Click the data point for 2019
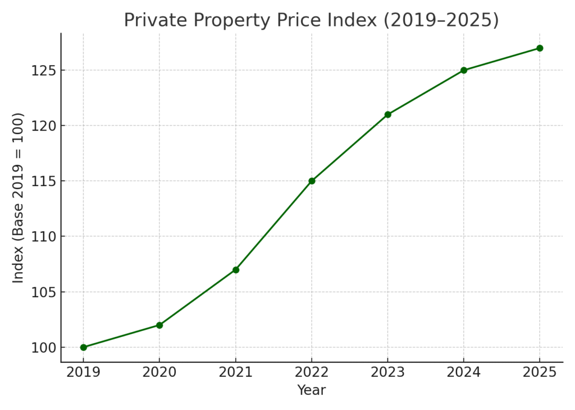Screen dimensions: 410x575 [x=84, y=347]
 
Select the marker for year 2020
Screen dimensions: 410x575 [x=159, y=325]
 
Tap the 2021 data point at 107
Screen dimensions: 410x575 [x=236, y=270]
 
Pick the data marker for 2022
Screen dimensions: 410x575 [x=312, y=181]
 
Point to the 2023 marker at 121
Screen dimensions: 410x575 [x=387, y=114]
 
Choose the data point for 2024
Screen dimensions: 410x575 [x=464, y=70]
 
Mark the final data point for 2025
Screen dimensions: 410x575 [x=540, y=48]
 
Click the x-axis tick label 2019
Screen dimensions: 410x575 [x=84, y=372]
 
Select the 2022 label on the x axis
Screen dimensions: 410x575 [x=312, y=372]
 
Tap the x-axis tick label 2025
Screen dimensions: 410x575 [x=540, y=372]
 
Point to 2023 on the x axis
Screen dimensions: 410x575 [x=387, y=372]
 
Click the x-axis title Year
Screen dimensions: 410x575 [x=312, y=390]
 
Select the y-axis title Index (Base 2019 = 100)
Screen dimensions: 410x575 [x=19, y=197]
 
